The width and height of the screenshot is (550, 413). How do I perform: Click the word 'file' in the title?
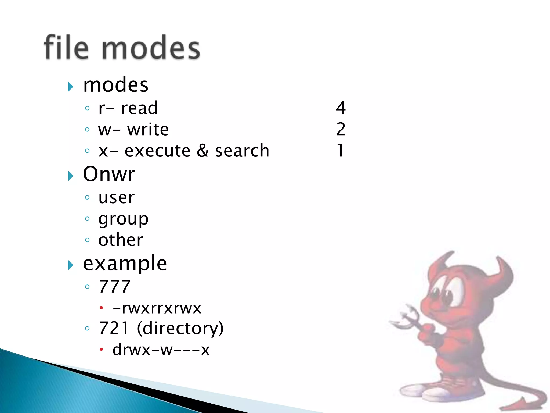[x=66, y=47]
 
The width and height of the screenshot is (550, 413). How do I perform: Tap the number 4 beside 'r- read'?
[x=341, y=108]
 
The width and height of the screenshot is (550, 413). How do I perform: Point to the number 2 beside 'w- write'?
[x=341, y=129]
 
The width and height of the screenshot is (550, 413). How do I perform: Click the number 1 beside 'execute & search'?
[x=340, y=150]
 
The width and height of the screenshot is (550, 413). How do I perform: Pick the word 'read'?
[x=139, y=108]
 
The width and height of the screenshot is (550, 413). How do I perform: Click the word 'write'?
[x=148, y=130]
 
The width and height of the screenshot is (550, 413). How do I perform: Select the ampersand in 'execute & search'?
[x=202, y=151]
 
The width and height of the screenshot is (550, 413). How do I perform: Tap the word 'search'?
[x=242, y=151]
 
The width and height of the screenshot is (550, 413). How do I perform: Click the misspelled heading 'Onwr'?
[x=109, y=174]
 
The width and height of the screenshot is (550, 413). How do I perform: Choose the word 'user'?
[x=117, y=198]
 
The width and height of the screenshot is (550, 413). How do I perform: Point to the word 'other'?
[x=121, y=240]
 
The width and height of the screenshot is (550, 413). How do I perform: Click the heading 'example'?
[x=125, y=264]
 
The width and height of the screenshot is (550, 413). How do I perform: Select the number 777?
[x=115, y=286]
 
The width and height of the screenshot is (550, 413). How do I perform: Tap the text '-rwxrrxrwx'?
[x=157, y=308]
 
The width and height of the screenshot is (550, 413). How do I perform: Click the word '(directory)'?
[x=180, y=328]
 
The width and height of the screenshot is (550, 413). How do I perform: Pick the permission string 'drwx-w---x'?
[x=161, y=350]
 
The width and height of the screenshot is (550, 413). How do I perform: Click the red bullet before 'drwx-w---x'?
[x=101, y=350]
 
